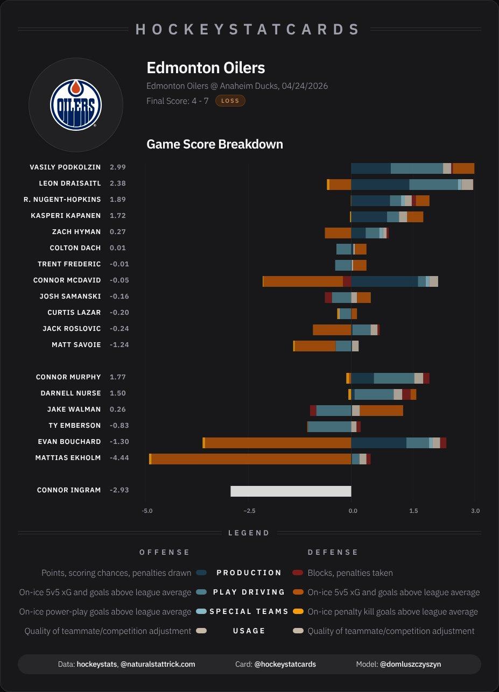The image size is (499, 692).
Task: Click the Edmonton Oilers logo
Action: click(x=76, y=104)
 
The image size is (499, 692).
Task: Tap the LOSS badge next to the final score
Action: click(x=230, y=101)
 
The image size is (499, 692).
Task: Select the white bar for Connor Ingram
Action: click(x=291, y=491)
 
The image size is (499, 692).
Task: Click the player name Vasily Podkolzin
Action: click(x=65, y=167)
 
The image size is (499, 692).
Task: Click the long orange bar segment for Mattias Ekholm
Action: click(x=251, y=459)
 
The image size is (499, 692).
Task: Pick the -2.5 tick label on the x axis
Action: click(x=249, y=510)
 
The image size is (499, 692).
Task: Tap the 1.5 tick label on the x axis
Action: click(x=413, y=510)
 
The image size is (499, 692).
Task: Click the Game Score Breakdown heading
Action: click(x=215, y=144)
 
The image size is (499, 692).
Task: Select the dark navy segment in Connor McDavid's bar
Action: click(x=384, y=281)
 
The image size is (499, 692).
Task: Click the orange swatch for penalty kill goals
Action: click(x=298, y=611)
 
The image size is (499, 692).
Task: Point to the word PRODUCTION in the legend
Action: click(x=249, y=573)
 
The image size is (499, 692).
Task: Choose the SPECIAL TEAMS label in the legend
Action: click(x=249, y=611)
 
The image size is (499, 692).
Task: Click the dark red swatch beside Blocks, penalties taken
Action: click(x=298, y=573)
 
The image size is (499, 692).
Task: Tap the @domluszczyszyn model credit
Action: click(x=410, y=664)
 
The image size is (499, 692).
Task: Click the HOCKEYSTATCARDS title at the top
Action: click(x=248, y=29)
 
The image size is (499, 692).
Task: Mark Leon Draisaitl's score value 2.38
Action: click(x=118, y=183)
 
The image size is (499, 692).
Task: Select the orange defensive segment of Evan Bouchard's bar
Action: click(x=278, y=443)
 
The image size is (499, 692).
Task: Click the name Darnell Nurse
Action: click(x=71, y=393)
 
